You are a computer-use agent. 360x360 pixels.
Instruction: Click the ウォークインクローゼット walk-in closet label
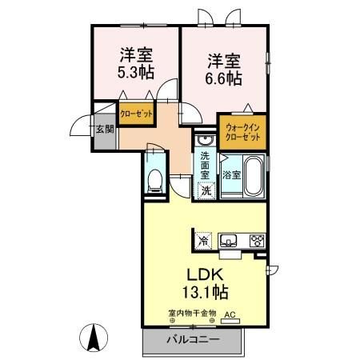[x=242, y=132]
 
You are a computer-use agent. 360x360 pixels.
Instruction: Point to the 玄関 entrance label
[x=106, y=129]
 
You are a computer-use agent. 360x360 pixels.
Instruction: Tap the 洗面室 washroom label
[x=206, y=164]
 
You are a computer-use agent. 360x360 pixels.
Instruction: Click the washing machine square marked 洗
[x=206, y=190]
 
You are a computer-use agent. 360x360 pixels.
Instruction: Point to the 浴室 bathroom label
[x=231, y=174]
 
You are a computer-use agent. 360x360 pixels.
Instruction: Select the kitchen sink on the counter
[x=228, y=239]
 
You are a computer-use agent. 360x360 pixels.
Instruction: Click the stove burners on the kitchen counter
[x=257, y=239]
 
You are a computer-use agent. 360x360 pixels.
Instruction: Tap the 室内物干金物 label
[x=191, y=314]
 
